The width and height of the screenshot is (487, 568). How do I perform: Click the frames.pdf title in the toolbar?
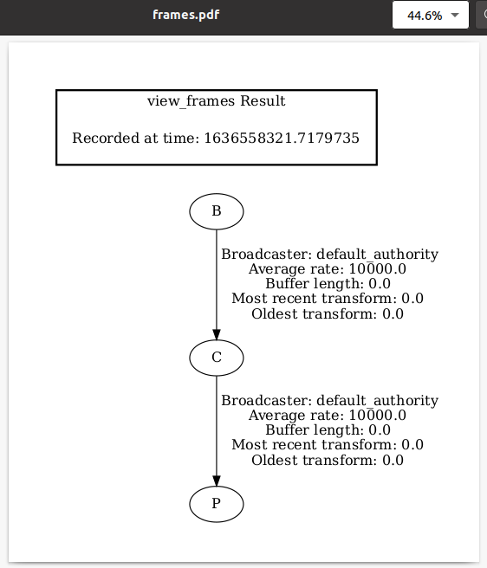pyautogui.click(x=186, y=15)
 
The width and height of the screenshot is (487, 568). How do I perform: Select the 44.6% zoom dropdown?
pyautogui.click(x=431, y=15)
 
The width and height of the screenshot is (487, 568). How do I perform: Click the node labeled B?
pyautogui.click(x=217, y=211)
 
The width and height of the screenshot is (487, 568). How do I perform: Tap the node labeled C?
pyautogui.click(x=217, y=358)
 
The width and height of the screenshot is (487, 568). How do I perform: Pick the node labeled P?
pyautogui.click(x=217, y=504)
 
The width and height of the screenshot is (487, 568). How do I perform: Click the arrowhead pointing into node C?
pyautogui.click(x=217, y=334)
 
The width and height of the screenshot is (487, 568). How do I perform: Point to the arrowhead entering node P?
pyautogui.click(x=217, y=481)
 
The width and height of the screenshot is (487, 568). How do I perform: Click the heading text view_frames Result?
pyautogui.click(x=216, y=101)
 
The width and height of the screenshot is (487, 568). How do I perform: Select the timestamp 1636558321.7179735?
pyautogui.click(x=282, y=138)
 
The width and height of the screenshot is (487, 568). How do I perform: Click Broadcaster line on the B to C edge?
pyautogui.click(x=329, y=255)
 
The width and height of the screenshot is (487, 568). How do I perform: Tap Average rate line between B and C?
pyautogui.click(x=327, y=269)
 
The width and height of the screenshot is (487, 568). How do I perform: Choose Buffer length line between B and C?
pyautogui.click(x=328, y=284)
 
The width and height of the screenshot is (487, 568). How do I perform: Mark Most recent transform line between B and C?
pyautogui.click(x=328, y=299)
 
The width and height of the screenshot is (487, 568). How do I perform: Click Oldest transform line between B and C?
pyautogui.click(x=328, y=314)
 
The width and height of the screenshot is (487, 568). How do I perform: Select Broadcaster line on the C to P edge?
pyautogui.click(x=329, y=401)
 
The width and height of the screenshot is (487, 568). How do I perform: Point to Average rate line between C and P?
pyautogui.click(x=327, y=416)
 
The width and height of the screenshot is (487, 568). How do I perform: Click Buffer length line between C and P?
pyautogui.click(x=328, y=430)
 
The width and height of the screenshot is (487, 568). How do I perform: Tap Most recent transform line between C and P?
pyautogui.click(x=328, y=445)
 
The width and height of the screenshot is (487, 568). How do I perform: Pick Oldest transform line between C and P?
pyautogui.click(x=328, y=461)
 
